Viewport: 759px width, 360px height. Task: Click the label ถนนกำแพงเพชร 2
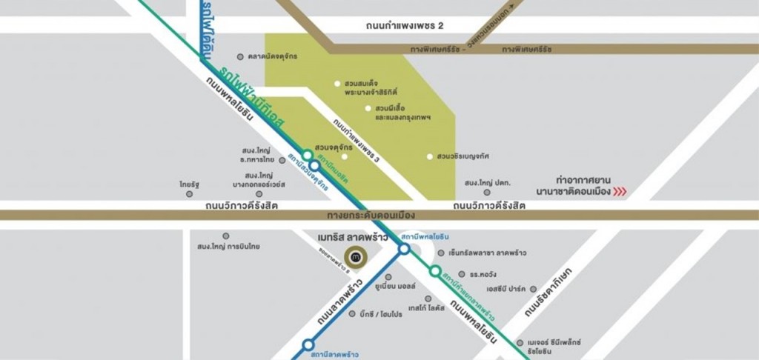pyautogui.click(x=405, y=25)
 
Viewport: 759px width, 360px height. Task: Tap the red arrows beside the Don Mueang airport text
pyautogui.click(x=620, y=192)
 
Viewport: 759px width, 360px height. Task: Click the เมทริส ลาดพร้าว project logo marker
pyautogui.click(x=358, y=256)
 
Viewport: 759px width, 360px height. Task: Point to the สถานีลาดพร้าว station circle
pyautogui.click(x=308, y=344)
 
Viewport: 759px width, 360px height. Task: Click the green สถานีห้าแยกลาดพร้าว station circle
pyautogui.click(x=435, y=271)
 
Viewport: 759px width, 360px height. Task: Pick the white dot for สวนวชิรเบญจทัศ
pyautogui.click(x=429, y=156)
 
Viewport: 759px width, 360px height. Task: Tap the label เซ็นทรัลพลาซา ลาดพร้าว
pyautogui.click(x=488, y=253)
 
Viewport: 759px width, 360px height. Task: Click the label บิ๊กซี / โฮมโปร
pyautogui.click(x=381, y=313)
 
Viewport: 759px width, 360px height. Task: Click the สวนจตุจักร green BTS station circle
pyautogui.click(x=307, y=156)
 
